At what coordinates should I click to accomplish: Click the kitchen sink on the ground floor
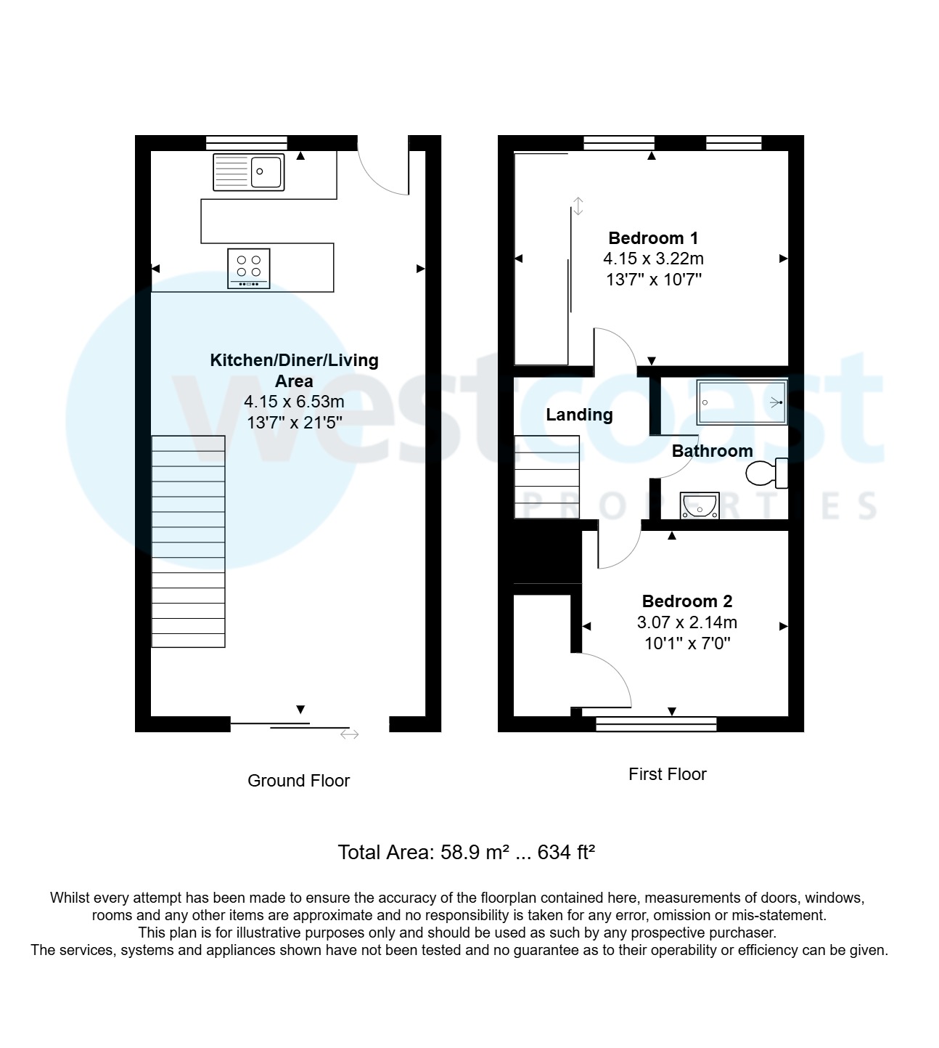pos(248,172)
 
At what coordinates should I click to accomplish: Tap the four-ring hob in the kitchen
pos(249,268)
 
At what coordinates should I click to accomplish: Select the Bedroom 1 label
pos(653,238)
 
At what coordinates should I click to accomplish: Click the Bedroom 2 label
pos(686,601)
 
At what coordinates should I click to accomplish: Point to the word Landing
pos(579,415)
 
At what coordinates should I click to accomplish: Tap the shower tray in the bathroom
pos(742,402)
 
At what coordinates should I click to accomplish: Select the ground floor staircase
pos(188,541)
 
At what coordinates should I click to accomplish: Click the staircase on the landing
pos(546,476)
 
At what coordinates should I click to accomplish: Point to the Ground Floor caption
pos(298,781)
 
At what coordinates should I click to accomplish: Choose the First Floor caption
pos(667,774)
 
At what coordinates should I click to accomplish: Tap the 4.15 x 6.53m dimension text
pos(294,402)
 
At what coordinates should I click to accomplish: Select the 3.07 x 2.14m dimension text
pos(686,622)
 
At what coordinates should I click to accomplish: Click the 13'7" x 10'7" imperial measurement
pos(653,280)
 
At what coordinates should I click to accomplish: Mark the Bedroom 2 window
pos(656,723)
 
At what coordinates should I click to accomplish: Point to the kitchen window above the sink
pos(246,142)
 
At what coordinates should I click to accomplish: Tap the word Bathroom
pos(712,451)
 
